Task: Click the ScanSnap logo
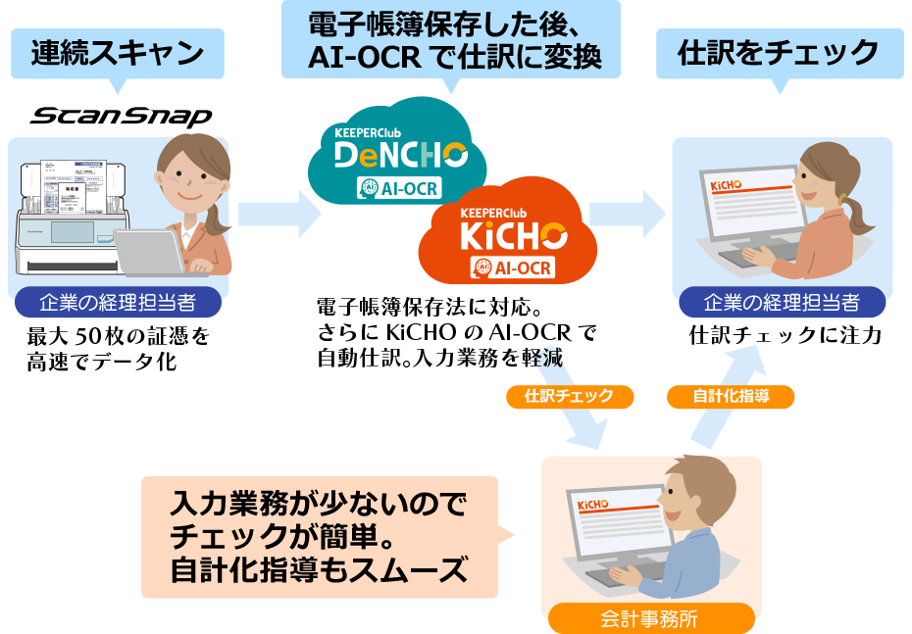point(121,117)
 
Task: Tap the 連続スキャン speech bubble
point(118,53)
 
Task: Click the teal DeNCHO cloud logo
point(400,152)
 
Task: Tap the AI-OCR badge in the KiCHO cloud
point(513,267)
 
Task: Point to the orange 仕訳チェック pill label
point(569,396)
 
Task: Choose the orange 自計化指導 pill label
point(730,396)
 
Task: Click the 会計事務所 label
point(650,618)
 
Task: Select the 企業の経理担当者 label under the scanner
point(118,302)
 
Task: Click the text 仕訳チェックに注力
point(785,336)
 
